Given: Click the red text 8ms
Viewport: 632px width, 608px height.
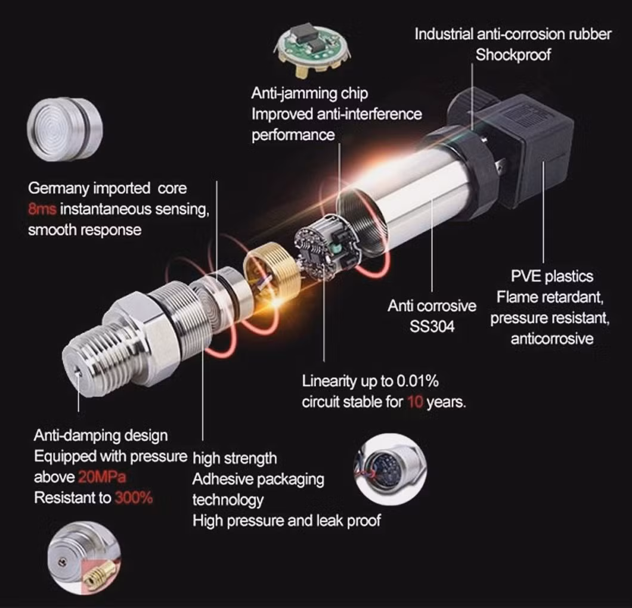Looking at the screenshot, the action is pyautogui.click(x=42, y=209).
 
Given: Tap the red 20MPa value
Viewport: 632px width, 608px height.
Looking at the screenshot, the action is pyautogui.click(x=102, y=477).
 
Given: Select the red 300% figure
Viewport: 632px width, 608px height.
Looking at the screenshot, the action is pyautogui.click(x=134, y=498).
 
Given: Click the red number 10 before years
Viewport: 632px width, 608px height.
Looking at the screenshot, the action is pyautogui.click(x=415, y=402).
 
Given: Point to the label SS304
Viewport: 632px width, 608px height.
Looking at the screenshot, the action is pyautogui.click(x=432, y=327).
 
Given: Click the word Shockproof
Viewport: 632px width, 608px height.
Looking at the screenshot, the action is pyautogui.click(x=513, y=55).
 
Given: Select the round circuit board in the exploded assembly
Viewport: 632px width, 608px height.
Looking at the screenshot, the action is pyautogui.click(x=318, y=252).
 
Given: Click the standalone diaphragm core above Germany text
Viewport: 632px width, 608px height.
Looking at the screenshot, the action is pyautogui.click(x=65, y=129).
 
